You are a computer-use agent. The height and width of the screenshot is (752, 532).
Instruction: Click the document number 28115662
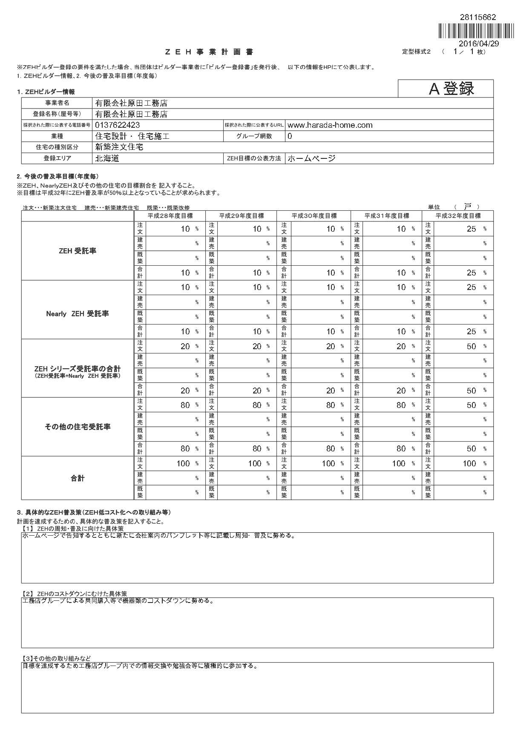478,17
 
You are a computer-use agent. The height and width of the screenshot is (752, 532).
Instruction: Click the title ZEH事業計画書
209,52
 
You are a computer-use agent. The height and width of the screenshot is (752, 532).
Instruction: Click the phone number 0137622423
118,125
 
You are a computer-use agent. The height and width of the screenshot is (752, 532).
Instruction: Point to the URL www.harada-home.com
330,125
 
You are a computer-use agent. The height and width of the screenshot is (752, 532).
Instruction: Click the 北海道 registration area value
107,158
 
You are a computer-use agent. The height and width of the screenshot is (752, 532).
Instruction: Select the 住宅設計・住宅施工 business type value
132,136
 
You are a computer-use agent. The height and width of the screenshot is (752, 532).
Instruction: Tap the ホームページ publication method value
311,158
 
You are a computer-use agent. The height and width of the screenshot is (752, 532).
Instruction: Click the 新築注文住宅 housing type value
119,147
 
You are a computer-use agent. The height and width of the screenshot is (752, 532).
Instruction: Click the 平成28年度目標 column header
170,216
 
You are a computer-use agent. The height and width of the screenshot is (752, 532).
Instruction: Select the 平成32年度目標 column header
458,216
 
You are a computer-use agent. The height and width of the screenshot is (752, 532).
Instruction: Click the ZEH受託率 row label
78,251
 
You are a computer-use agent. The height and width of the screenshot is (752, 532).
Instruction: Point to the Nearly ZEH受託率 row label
78,314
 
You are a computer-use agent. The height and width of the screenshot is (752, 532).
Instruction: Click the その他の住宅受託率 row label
78,427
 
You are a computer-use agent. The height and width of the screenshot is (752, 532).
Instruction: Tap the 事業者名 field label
57,103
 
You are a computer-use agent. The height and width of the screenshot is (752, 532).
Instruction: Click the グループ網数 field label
254,136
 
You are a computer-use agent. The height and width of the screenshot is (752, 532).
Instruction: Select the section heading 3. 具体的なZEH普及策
94,512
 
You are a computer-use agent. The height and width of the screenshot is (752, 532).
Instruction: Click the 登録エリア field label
57,158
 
